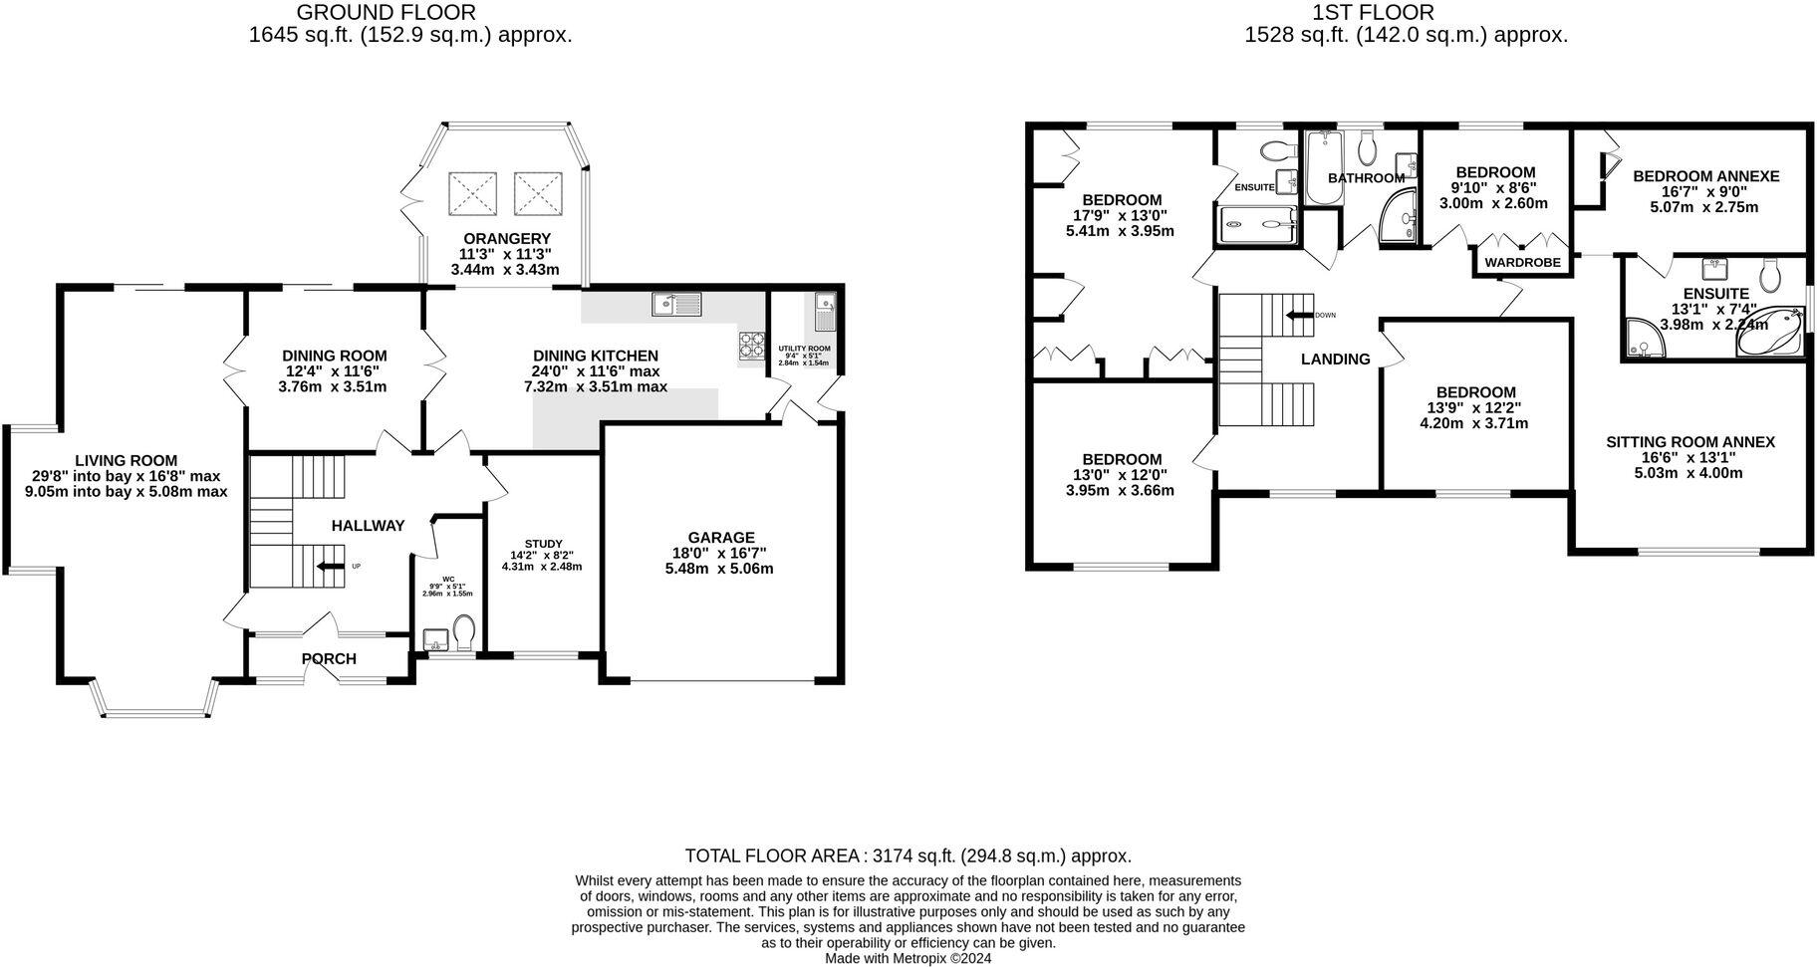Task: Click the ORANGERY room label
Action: pos(506,239)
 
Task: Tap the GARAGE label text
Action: pos(720,538)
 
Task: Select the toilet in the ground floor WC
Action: pos(463,630)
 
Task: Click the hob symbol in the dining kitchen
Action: pos(750,346)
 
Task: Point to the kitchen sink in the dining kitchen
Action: pos(676,304)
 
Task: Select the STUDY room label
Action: pos(542,543)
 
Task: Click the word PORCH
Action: pos(329,659)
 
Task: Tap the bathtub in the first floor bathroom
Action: pos(1323,166)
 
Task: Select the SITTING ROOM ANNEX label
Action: pos(1689,442)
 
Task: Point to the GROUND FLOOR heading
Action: pos(387,13)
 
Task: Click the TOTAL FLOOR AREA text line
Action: pos(908,855)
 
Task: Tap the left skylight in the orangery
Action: pos(472,192)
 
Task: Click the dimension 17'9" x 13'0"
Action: pos(1120,215)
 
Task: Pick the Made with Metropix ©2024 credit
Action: pos(908,958)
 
